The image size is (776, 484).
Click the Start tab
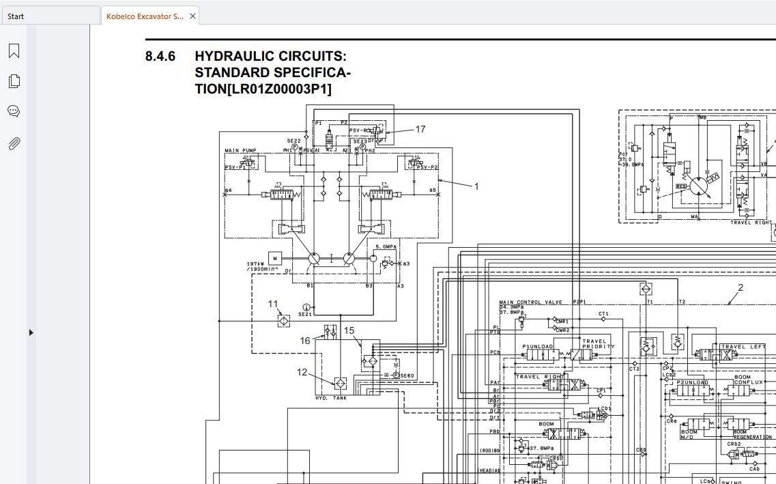[16, 16]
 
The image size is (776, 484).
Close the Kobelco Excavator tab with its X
[192, 16]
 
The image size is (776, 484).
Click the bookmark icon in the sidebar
[14, 51]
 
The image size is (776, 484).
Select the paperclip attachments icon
[14, 143]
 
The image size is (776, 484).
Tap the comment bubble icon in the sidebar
[14, 111]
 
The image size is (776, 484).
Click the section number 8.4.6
[160, 57]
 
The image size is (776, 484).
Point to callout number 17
[420, 129]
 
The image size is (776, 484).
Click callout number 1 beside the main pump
[476, 186]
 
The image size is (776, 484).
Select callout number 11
[273, 304]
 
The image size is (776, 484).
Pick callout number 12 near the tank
[302, 372]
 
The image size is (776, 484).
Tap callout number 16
[305, 341]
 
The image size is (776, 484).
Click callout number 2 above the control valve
[741, 287]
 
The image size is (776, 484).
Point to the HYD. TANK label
[331, 398]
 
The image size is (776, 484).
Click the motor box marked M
[274, 258]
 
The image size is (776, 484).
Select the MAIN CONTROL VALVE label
[530, 302]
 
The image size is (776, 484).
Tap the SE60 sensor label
[407, 375]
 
